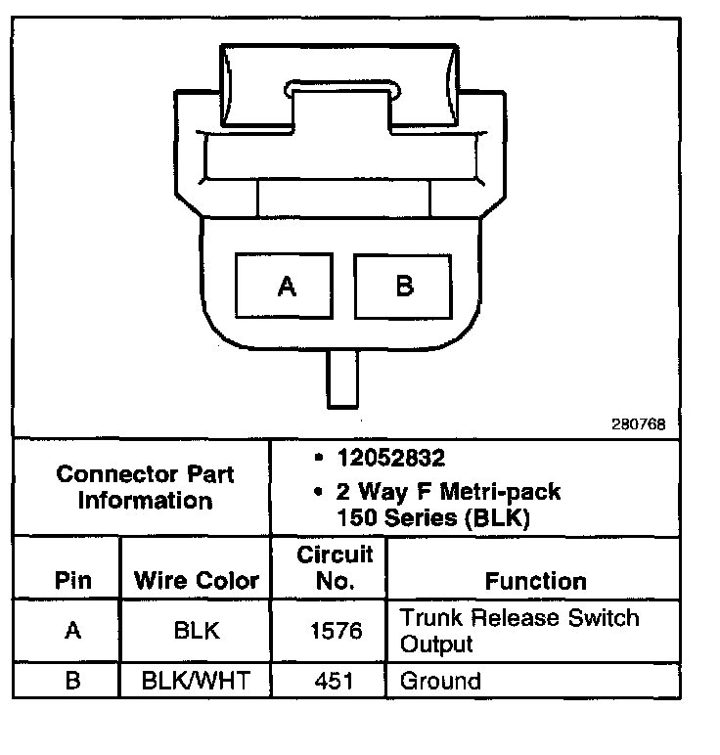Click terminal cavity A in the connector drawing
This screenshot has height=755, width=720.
(286, 286)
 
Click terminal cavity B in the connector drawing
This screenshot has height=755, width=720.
(404, 286)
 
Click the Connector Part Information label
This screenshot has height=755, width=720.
(146, 487)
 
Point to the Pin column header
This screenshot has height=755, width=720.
(72, 580)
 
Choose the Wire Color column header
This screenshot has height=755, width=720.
(197, 580)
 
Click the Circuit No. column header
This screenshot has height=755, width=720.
(335, 567)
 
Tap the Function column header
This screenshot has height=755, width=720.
(535, 580)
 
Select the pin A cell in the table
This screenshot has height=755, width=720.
(72, 631)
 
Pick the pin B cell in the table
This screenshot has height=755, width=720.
(72, 681)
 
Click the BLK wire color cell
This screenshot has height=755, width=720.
(197, 631)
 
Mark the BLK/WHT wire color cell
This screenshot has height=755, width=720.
(197, 681)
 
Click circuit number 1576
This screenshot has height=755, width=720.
(335, 631)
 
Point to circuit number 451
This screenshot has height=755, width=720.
(335, 681)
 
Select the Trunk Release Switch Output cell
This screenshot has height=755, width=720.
(518, 631)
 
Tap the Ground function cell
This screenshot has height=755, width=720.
(441, 681)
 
